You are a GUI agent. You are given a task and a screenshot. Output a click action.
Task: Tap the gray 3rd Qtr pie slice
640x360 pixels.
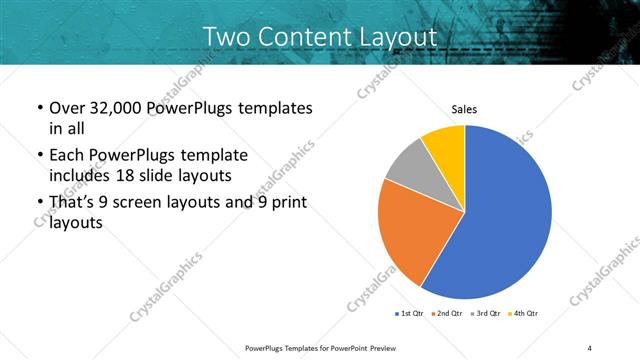pyautogui.click(x=408, y=165)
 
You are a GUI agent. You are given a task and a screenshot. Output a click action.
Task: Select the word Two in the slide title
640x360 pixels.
pyautogui.click(x=225, y=36)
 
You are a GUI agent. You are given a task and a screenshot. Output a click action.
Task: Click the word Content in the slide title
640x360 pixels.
pyautogui.click(x=299, y=36)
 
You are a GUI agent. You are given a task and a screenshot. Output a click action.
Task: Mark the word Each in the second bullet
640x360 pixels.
pyautogui.click(x=65, y=155)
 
